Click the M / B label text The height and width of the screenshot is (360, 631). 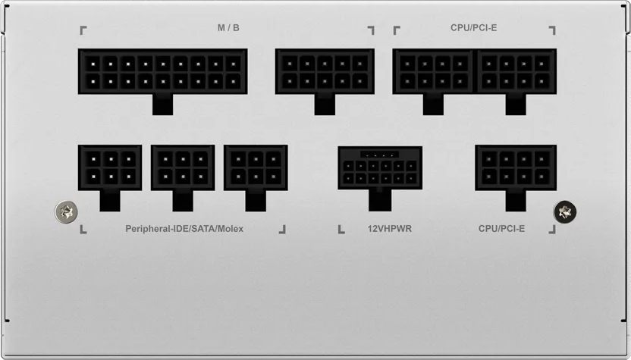[228, 28]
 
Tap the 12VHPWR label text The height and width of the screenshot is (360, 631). [389, 228]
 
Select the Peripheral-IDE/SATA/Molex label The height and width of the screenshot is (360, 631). [184, 228]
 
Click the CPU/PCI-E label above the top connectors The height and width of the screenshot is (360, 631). [473, 28]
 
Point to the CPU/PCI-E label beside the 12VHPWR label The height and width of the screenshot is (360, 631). [501, 228]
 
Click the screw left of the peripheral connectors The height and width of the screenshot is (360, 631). [67, 212]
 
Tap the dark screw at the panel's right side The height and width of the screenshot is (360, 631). [565, 211]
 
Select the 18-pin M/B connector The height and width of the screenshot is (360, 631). [162, 71]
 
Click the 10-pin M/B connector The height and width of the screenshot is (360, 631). [325, 71]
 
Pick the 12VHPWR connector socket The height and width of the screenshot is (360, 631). [380, 167]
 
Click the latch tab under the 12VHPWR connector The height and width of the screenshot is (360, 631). [380, 200]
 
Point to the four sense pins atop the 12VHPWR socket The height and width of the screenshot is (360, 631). [379, 155]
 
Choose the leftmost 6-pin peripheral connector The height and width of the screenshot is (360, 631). [110, 167]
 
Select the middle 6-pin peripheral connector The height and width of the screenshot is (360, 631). [183, 167]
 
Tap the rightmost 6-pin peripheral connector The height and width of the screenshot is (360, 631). [256, 167]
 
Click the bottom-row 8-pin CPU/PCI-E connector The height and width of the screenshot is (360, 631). [516, 167]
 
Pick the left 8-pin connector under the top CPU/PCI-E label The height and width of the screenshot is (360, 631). [433, 71]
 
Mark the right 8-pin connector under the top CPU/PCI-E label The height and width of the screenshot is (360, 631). [516, 71]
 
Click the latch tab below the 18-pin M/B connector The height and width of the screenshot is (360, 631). [162, 105]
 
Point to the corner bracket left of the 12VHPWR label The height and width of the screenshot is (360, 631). [341, 230]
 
